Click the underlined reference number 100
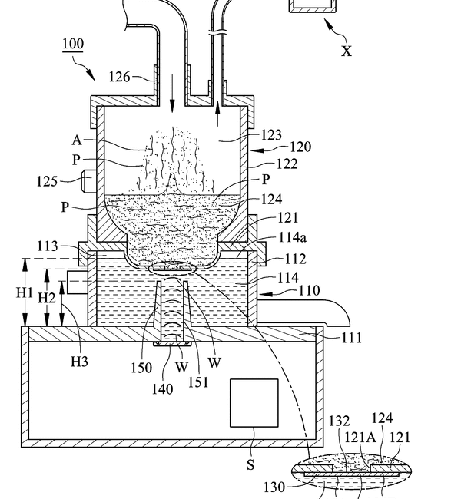coord(73,45)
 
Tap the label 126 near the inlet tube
coord(119,77)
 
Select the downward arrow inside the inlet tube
coord(172,93)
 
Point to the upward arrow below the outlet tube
coord(217,114)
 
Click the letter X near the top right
coord(347,51)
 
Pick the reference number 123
coord(271,135)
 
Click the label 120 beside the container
coord(300,147)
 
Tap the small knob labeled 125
coord(88,181)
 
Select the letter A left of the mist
coord(77,140)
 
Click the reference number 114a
coord(293,237)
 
